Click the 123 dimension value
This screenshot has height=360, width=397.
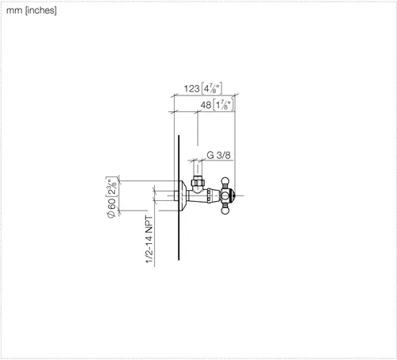click(192, 88)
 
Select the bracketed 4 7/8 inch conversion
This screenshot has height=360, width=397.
click(212, 88)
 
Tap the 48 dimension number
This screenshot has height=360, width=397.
click(206, 105)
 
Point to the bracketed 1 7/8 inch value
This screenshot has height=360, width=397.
click(224, 105)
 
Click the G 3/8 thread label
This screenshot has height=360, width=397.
click(218, 155)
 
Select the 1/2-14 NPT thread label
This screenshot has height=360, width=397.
click(149, 240)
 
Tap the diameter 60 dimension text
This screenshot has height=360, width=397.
click(111, 208)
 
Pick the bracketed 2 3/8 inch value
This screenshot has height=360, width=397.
click(111, 187)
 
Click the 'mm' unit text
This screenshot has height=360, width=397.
click(14, 10)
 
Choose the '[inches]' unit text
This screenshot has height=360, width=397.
click(40, 10)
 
